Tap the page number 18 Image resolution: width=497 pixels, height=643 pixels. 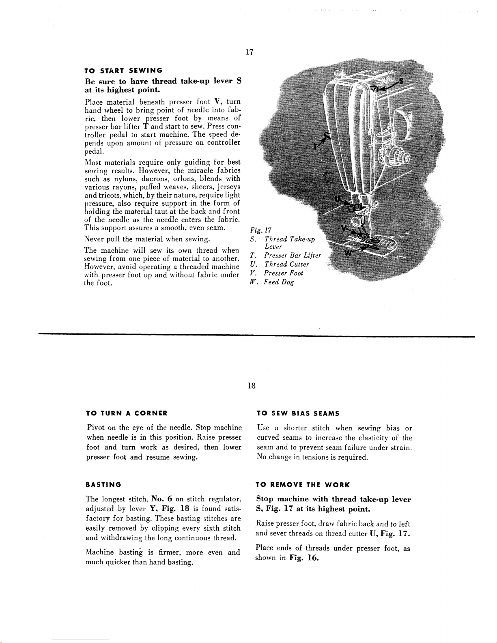(252, 386)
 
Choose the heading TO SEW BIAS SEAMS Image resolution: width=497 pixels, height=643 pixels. (298, 413)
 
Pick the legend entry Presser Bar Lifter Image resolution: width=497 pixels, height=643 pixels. (292, 256)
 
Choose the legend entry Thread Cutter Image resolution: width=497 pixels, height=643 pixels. (286, 265)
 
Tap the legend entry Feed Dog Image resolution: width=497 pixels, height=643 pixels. (278, 282)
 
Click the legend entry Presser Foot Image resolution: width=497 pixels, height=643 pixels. (283, 273)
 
